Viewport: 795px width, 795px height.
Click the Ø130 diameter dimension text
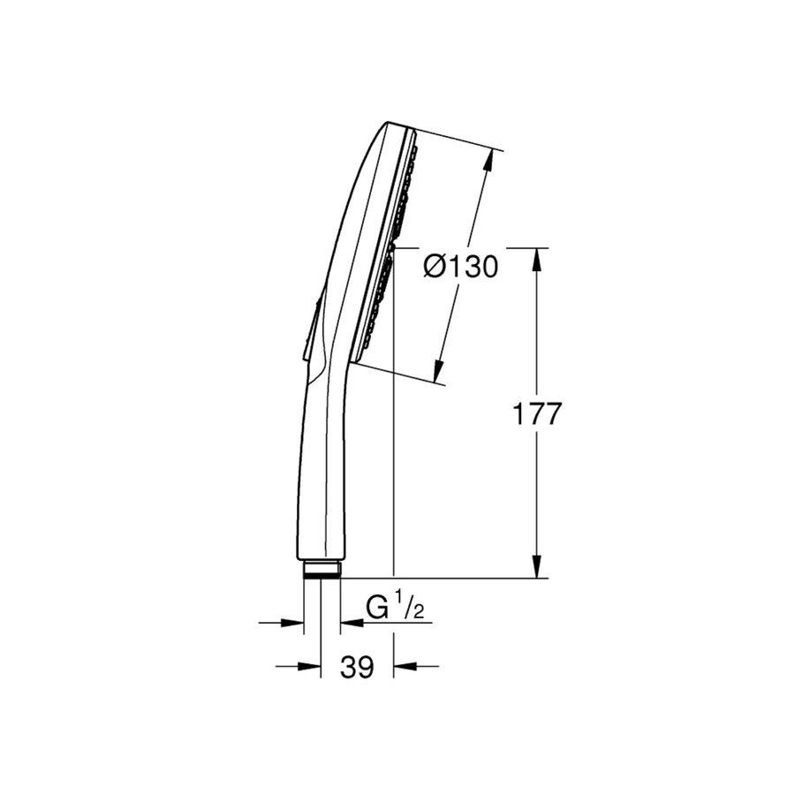tap(460, 266)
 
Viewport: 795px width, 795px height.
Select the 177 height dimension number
tap(537, 413)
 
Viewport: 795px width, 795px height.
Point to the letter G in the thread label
tap(378, 609)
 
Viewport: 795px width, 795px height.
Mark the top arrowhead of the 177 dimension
tap(537, 258)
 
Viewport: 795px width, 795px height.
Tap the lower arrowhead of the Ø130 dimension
tap(439, 371)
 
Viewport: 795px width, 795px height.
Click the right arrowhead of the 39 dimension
tap(404, 666)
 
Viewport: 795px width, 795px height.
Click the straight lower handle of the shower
tap(322, 477)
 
